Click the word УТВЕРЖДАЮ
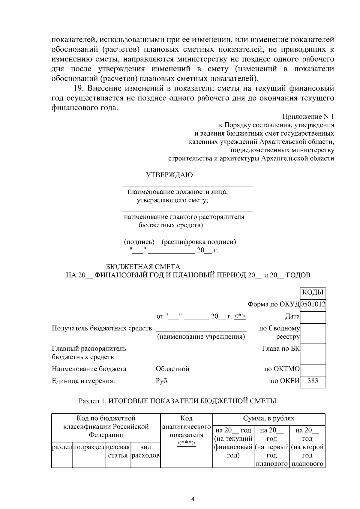tap(169, 175)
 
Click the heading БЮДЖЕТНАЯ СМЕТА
tap(143, 267)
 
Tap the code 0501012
tap(313, 304)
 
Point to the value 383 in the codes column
tap(313, 381)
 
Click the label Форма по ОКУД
tap(274, 304)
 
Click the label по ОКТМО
tap(282, 369)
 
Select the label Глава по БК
tap(281, 349)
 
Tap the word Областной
tap(172, 369)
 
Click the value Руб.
tap(162, 381)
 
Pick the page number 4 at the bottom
tap(193, 499)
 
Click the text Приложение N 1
tap(308, 117)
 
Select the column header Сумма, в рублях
tap(268, 418)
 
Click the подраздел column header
tap(88, 447)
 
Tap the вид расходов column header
tap(145, 451)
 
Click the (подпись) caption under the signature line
tap(139, 242)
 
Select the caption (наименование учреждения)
tap(201, 337)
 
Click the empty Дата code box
tap(313, 317)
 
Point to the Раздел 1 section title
tap(177, 401)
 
